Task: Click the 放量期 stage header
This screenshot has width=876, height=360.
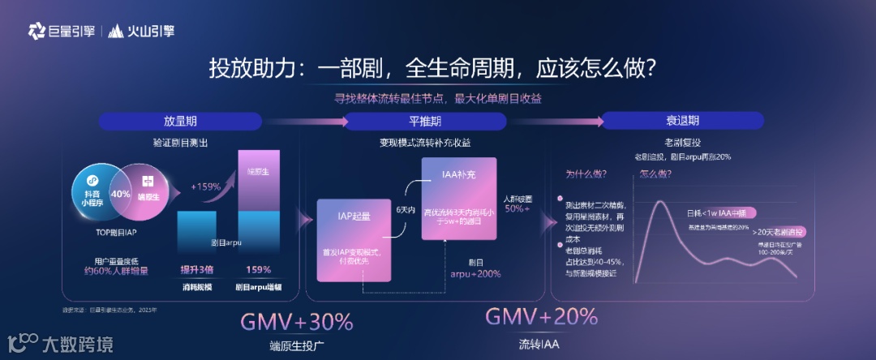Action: [x=180, y=122]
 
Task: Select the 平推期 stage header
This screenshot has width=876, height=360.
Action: [x=425, y=122]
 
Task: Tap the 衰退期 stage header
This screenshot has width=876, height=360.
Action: [x=682, y=121]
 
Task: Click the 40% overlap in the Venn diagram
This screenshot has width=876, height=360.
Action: [x=121, y=194]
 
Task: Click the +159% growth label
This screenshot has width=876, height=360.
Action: [x=206, y=186]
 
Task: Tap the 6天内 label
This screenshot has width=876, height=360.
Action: [x=406, y=209]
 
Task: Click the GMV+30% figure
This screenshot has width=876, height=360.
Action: [x=297, y=322]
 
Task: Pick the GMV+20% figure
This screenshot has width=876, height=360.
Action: [x=541, y=316]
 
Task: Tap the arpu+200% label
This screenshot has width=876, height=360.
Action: [x=475, y=274]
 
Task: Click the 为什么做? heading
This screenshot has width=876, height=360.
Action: [x=586, y=174]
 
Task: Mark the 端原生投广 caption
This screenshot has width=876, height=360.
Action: [x=297, y=346]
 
